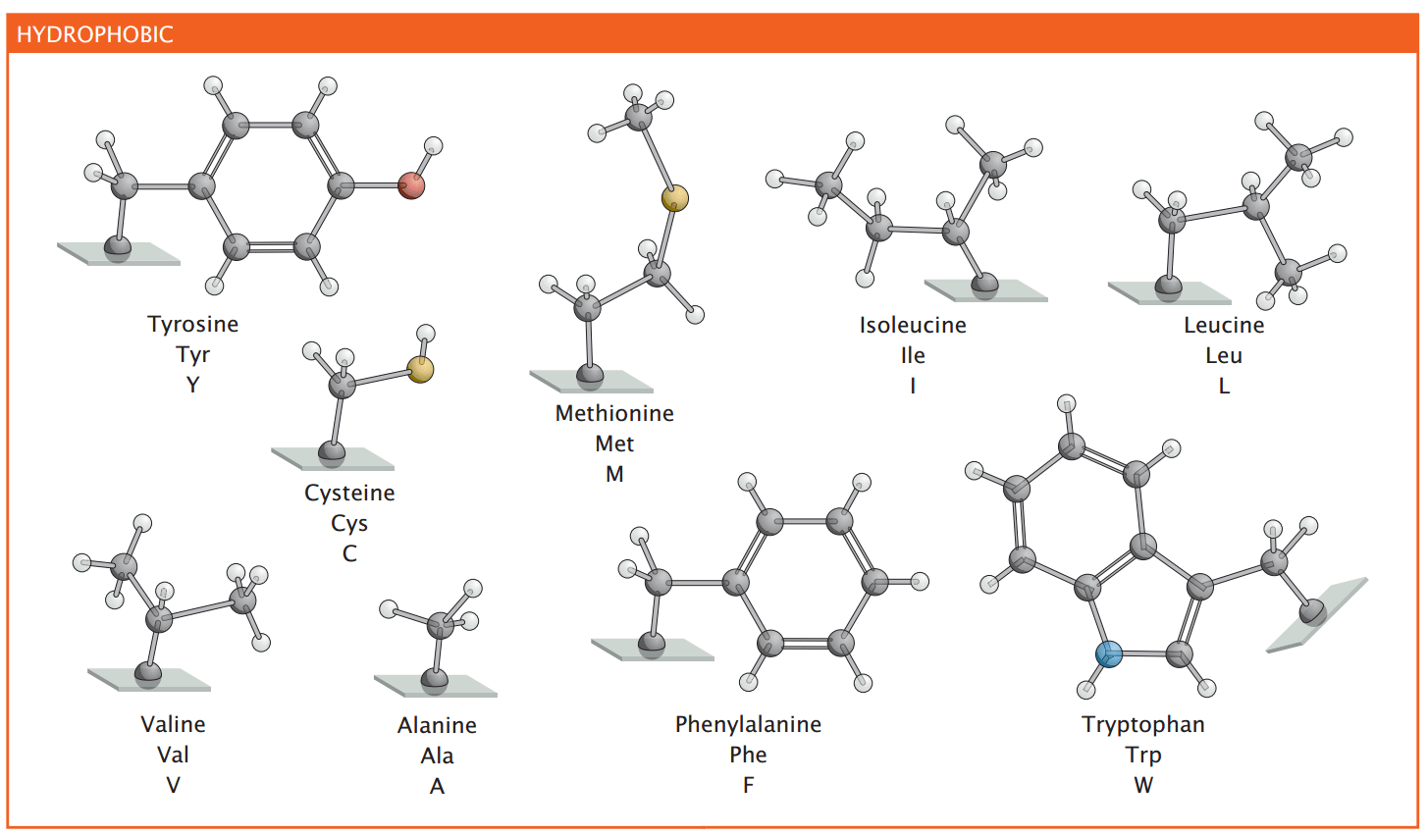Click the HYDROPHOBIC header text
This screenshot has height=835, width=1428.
[x=95, y=34]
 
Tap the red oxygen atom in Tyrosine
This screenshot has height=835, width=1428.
[x=412, y=184]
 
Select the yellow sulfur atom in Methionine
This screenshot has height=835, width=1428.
[x=674, y=199]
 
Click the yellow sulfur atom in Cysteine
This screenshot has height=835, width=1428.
[x=421, y=370]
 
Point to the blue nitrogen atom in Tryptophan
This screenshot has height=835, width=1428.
[x=1108, y=653]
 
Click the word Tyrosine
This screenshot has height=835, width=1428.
[x=192, y=324]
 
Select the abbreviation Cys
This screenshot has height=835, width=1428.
[x=349, y=523]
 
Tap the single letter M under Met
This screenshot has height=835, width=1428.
[x=614, y=474]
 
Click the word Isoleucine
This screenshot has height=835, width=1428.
[x=913, y=325]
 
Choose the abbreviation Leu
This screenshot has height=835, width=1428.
[x=1224, y=355]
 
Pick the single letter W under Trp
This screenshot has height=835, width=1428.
[x=1143, y=785]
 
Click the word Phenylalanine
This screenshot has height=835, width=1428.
[x=748, y=724]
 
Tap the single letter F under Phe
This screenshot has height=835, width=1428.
[x=748, y=785]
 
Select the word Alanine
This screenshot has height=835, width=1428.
[x=437, y=725]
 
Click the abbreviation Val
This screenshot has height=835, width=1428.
[x=173, y=755]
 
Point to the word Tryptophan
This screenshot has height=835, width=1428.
[x=1143, y=724]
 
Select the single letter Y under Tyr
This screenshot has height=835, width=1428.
[x=192, y=385]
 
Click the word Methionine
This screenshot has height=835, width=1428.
[x=614, y=413]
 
